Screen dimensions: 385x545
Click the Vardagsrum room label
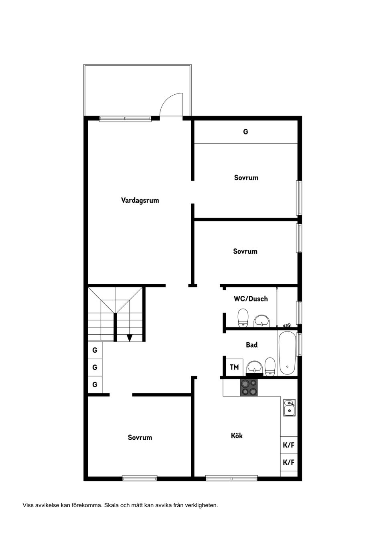[x=140, y=201]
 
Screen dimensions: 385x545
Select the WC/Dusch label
[x=251, y=299]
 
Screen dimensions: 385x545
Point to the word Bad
[x=252, y=345]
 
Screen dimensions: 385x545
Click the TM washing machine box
[x=234, y=367]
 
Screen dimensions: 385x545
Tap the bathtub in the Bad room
[x=287, y=353]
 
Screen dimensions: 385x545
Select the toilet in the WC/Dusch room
[x=243, y=318]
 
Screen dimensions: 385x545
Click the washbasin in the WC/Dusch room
[x=262, y=321]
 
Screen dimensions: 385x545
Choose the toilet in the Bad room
[x=270, y=367]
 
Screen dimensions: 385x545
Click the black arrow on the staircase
[x=130, y=338]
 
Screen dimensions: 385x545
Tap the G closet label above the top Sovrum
[x=245, y=132]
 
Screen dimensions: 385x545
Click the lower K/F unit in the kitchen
[x=289, y=462]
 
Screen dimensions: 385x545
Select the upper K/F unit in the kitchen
[x=289, y=445]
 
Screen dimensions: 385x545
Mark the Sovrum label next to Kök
[x=140, y=437]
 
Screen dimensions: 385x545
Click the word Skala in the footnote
[x=111, y=505]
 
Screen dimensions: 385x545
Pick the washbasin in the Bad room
[x=254, y=367]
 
